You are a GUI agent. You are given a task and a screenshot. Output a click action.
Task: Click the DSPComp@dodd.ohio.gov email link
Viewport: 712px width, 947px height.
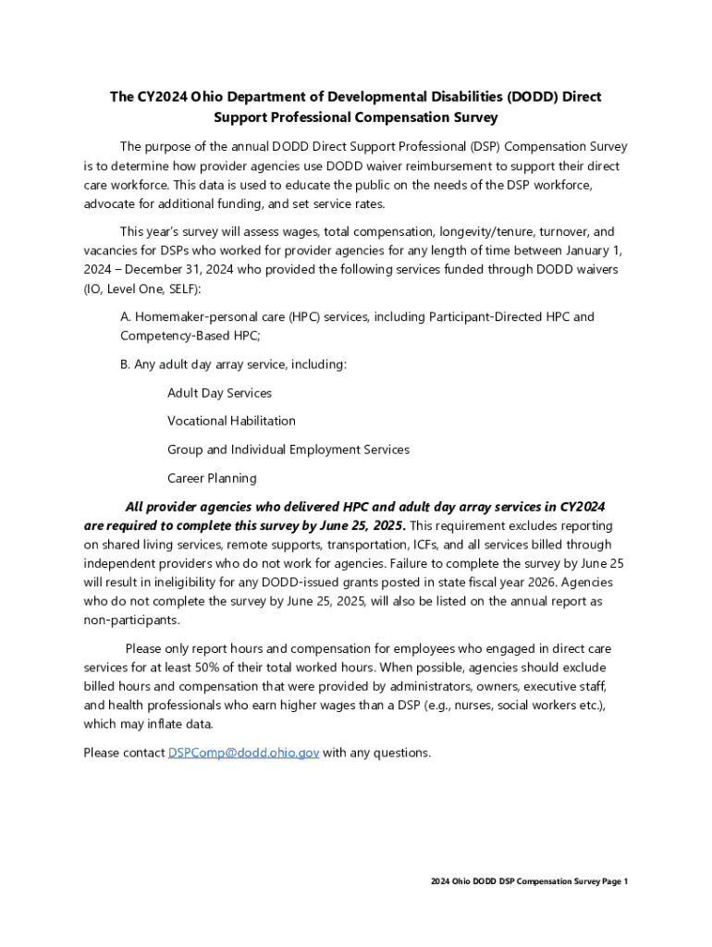pyautogui.click(x=243, y=753)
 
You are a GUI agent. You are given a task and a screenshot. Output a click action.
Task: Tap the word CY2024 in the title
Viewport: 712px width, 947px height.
pyautogui.click(x=156, y=97)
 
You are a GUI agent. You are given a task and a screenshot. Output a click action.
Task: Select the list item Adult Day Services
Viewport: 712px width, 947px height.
pyautogui.click(x=219, y=393)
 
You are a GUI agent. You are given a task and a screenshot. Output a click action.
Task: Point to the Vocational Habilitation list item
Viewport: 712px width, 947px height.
pyautogui.click(x=231, y=422)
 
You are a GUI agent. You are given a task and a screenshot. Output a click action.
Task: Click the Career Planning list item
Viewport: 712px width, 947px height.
pyautogui.click(x=212, y=479)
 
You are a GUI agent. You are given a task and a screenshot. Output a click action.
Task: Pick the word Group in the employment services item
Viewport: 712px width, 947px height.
pyautogui.click(x=185, y=450)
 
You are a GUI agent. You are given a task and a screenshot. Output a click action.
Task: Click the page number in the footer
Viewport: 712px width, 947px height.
pyautogui.click(x=625, y=881)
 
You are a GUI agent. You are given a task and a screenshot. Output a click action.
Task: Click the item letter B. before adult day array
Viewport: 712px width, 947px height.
pyautogui.click(x=126, y=364)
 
